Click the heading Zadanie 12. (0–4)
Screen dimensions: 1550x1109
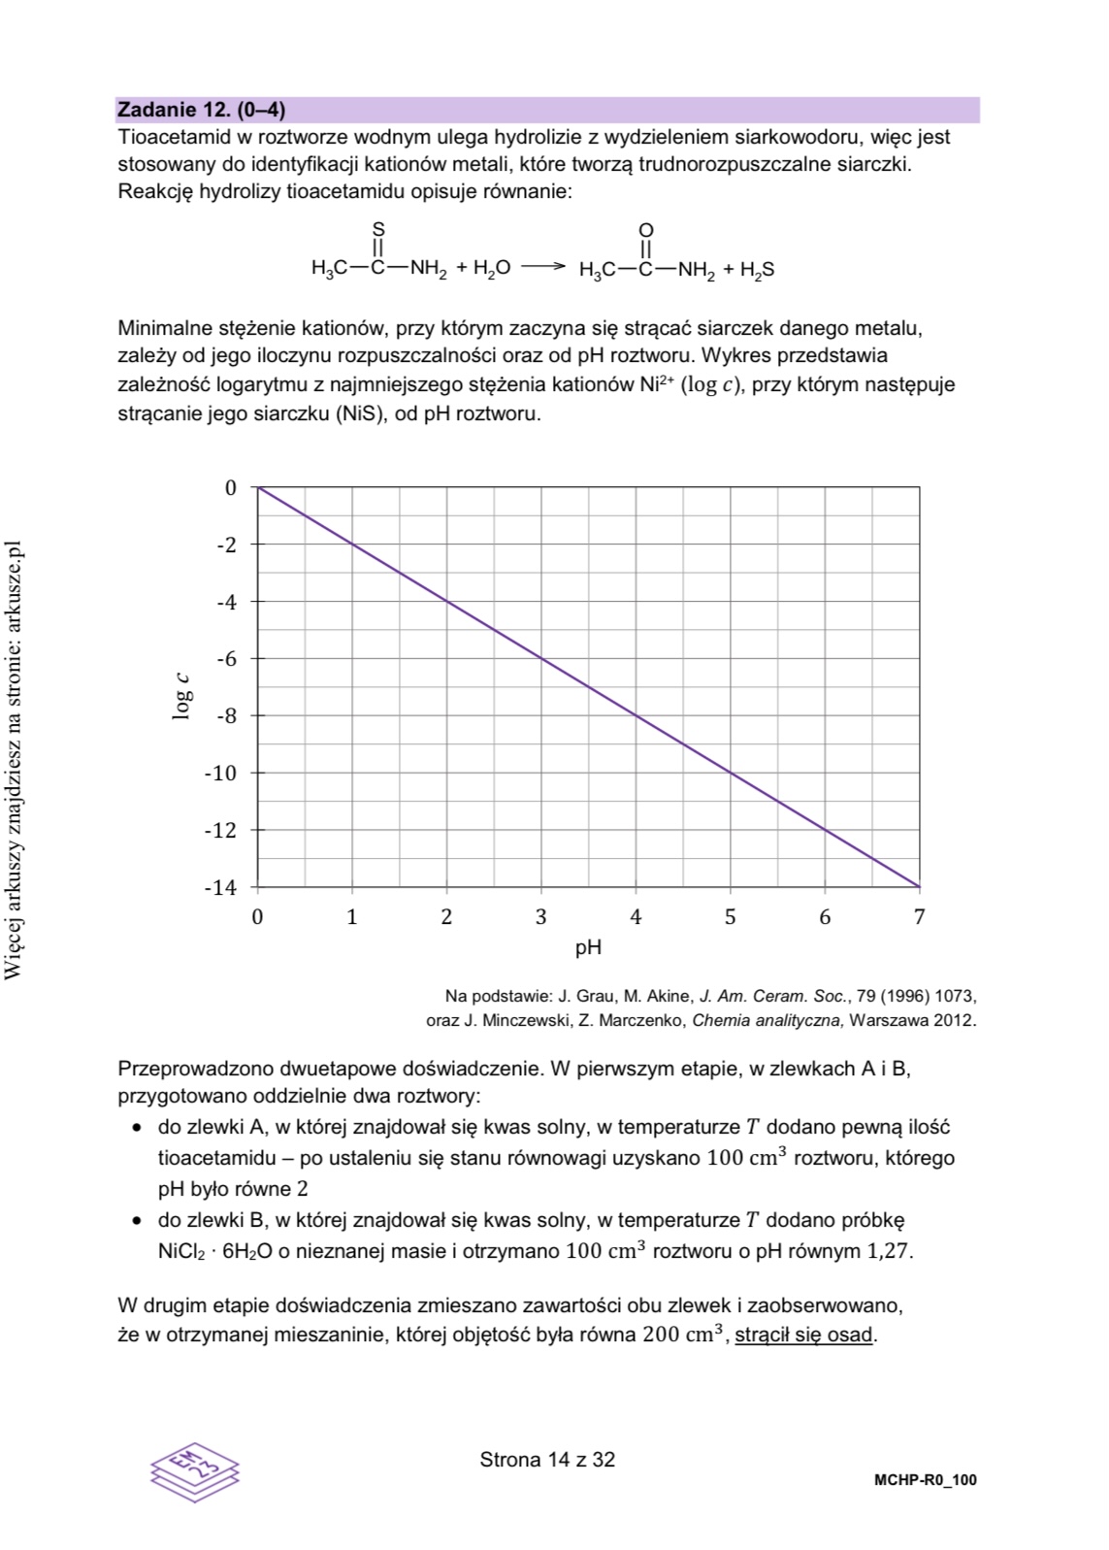[x=201, y=110]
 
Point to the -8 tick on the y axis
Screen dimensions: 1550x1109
[x=225, y=716]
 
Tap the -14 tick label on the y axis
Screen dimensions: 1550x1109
[x=220, y=887]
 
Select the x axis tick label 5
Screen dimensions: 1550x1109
[x=731, y=917]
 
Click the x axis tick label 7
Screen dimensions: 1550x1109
[x=920, y=917]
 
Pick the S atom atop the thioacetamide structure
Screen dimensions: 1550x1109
[x=378, y=229]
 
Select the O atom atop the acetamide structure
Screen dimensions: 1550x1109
[x=646, y=229]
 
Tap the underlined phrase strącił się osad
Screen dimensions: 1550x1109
[x=804, y=1335]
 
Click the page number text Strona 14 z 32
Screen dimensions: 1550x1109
[x=547, y=1460]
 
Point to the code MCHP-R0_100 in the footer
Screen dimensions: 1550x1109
[x=925, y=1480]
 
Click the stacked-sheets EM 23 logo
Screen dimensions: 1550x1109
[x=194, y=1470]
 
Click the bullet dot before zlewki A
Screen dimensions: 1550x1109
[x=138, y=1128]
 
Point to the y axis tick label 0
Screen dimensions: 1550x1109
[x=231, y=487]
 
